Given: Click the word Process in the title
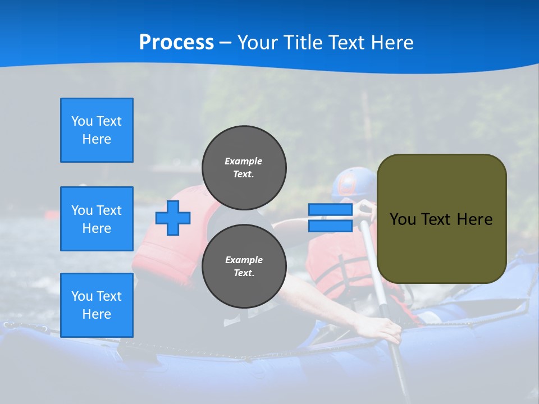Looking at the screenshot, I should pos(176,43).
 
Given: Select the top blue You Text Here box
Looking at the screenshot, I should pos(97,130).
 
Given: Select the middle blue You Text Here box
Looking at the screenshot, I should pos(97,219).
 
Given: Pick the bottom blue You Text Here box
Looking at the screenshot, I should pos(97,305).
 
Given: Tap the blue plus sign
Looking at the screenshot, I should pos(173,218).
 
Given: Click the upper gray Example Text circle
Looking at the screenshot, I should pos(244,167).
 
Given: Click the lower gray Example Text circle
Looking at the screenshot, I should pos(244,266).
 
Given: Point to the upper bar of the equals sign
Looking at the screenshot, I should pos(330,210).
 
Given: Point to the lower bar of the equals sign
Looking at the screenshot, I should pos(330,226).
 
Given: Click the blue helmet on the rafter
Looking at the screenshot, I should pos(351,183).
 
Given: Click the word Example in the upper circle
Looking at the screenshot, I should pos(244,161).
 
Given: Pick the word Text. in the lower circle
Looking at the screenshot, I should pos(244,273).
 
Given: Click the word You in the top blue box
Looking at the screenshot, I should pos(81,121).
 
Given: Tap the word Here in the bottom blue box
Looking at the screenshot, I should pos(97,314).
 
